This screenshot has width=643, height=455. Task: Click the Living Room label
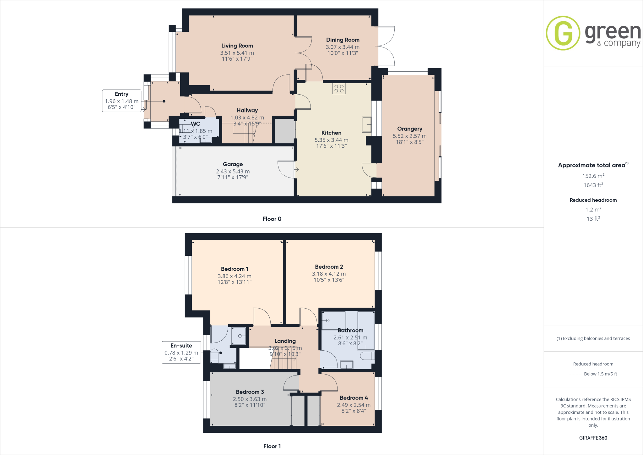click(237, 46)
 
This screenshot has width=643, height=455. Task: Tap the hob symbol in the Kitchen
click(339, 89)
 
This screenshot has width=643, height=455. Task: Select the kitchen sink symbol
click(366, 124)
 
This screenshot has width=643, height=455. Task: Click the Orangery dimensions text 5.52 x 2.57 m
click(409, 136)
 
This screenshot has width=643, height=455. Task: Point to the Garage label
click(233, 164)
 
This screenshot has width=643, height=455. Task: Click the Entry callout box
click(122, 101)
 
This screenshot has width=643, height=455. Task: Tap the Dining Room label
click(343, 40)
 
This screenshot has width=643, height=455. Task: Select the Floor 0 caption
click(272, 219)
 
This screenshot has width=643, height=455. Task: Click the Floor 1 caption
click(272, 446)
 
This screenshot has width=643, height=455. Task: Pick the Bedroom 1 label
click(235, 269)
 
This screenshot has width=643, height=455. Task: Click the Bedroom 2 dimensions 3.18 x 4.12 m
click(329, 274)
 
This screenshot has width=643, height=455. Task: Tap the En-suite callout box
click(181, 352)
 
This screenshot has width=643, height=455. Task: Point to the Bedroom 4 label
click(354, 398)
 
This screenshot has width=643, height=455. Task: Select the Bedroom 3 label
click(250, 392)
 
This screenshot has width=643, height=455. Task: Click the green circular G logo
click(563, 33)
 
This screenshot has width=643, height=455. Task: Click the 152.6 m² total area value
click(593, 176)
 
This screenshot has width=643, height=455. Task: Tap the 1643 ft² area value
click(593, 185)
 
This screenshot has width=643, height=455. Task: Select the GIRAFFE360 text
click(593, 438)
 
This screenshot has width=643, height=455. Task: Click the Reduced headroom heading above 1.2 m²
click(593, 200)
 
